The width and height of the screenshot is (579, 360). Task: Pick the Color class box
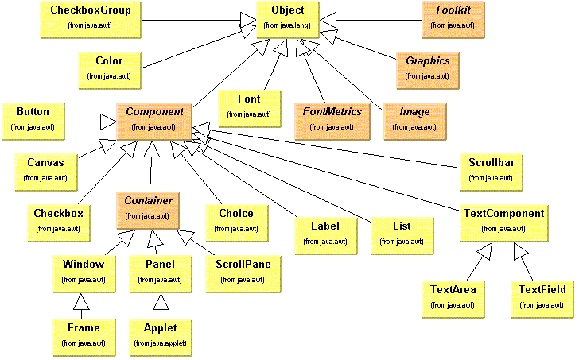[109, 67]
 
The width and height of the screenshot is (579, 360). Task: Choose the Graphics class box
[428, 67]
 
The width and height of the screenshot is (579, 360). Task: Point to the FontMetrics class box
[328, 118]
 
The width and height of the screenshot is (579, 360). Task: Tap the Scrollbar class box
[491, 169]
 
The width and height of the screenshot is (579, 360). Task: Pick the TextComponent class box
[503, 220]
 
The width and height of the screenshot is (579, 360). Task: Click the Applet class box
[161, 335]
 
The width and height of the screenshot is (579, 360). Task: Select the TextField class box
[542, 296]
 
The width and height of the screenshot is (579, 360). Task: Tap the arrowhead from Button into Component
[107, 122]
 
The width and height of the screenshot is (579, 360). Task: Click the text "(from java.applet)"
[160, 343]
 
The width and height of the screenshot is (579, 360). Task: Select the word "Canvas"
[45, 162]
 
